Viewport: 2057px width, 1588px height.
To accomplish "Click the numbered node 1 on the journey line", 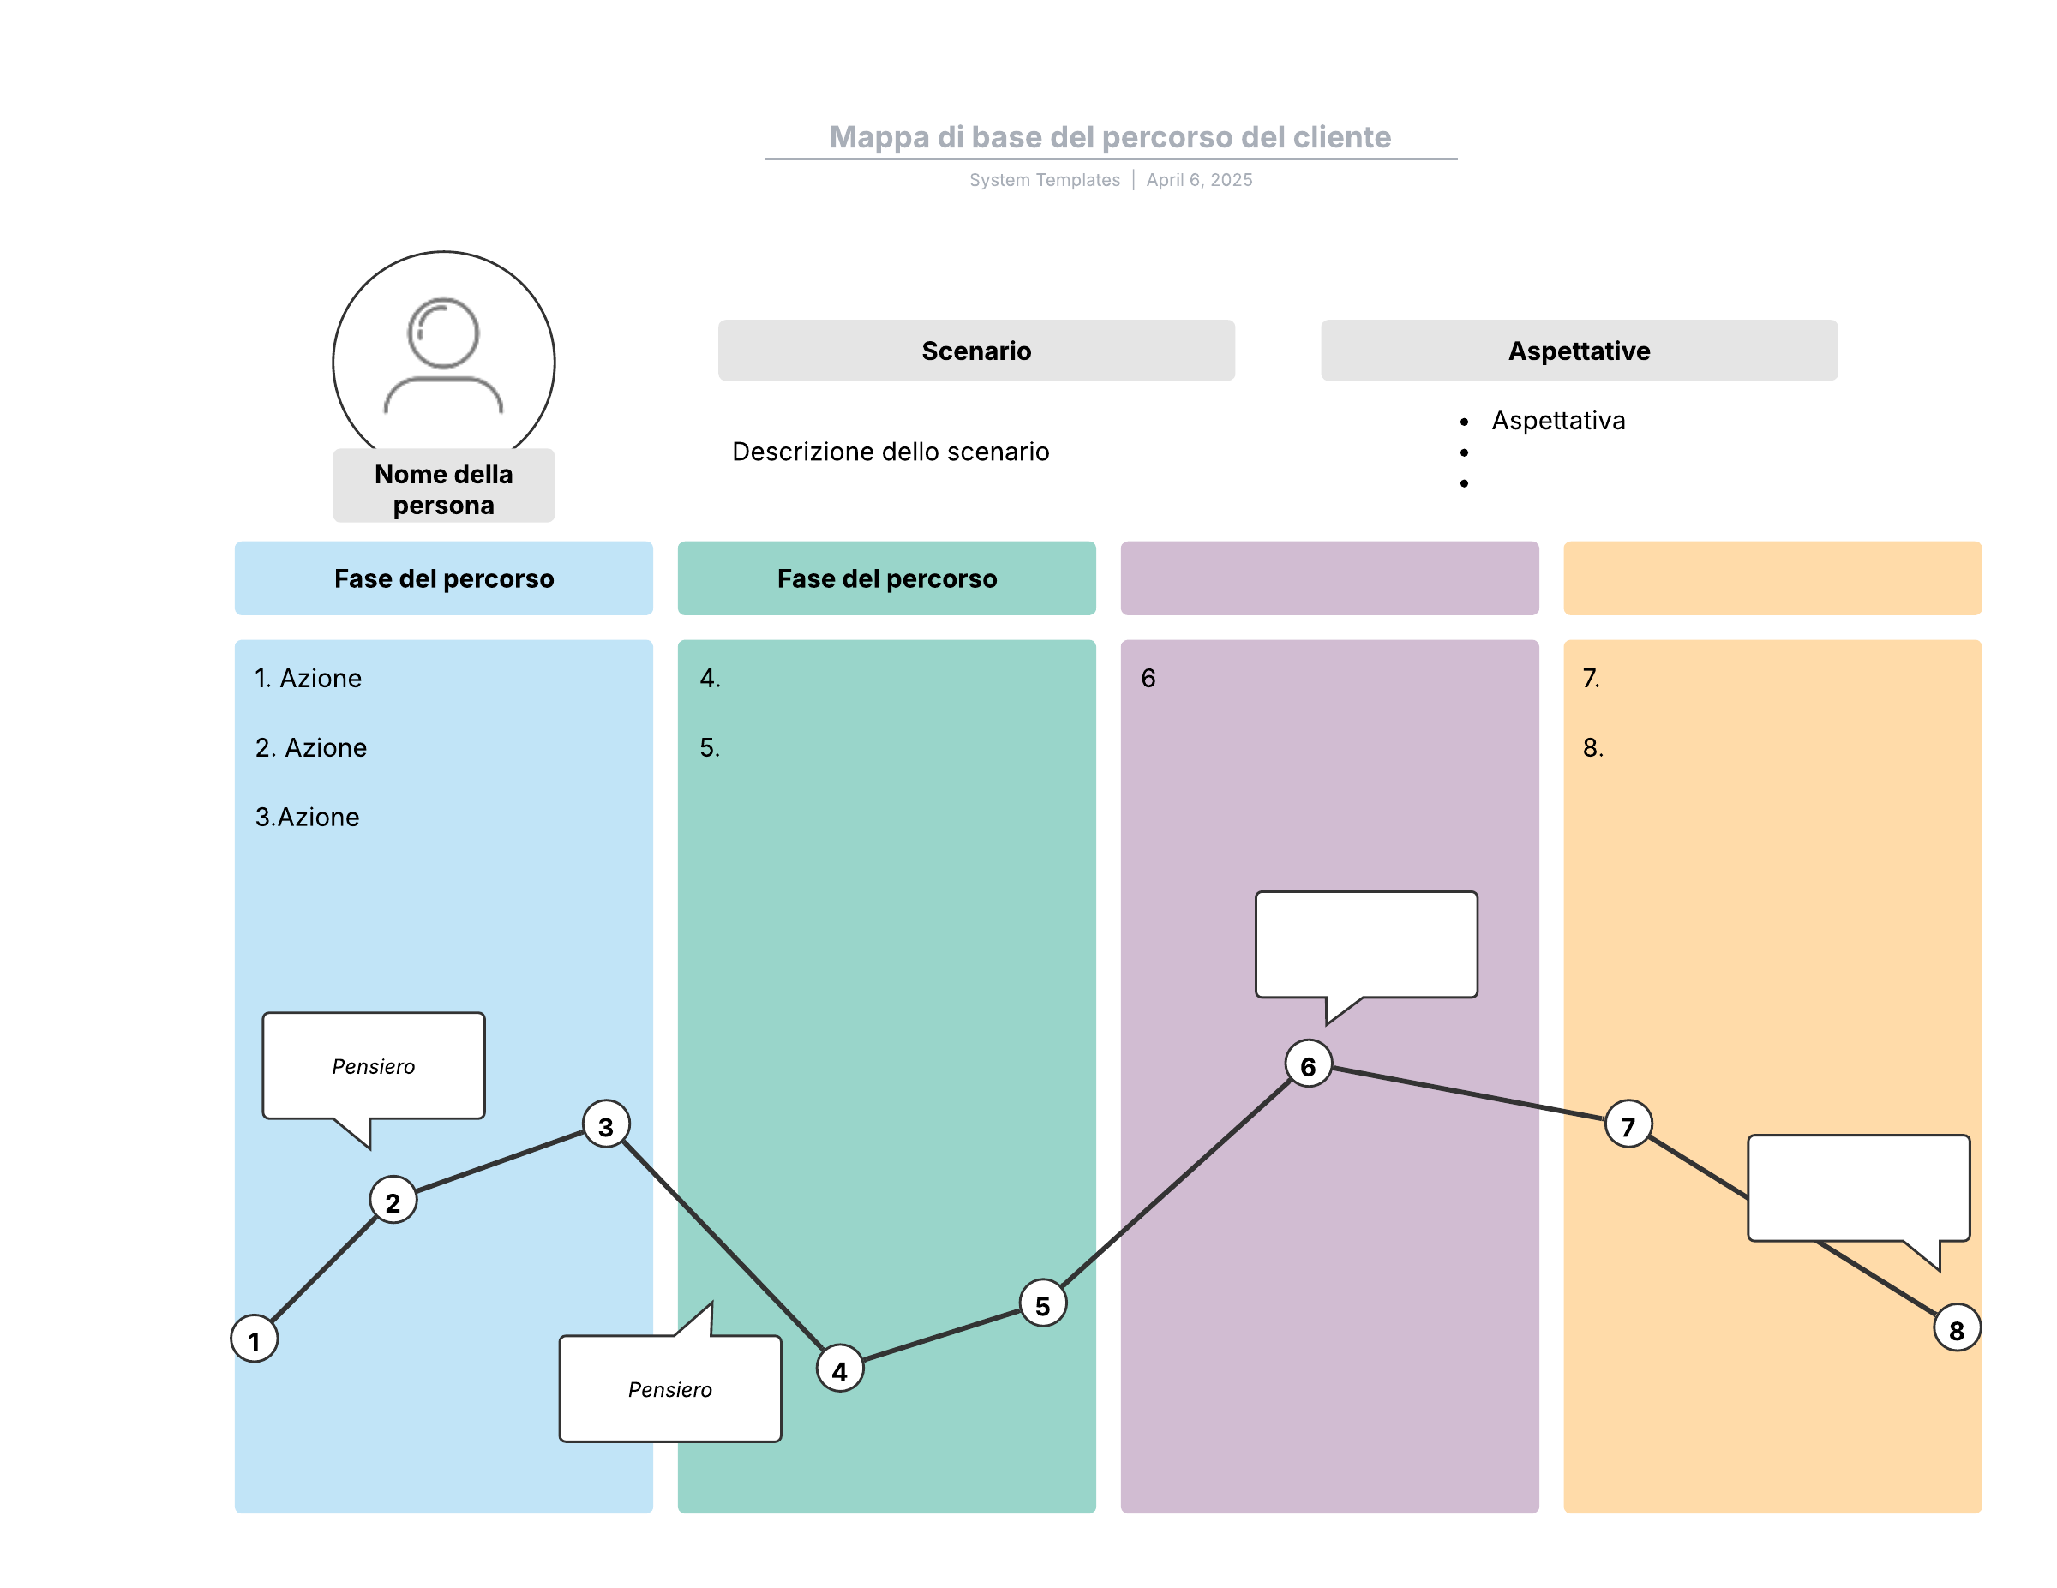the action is [255, 1339].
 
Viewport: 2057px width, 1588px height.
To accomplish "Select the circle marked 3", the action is [606, 1124].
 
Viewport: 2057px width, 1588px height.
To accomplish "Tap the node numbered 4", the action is [839, 1369].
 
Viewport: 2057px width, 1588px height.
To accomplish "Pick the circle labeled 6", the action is [1308, 1064].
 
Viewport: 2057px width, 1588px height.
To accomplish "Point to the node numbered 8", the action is [1956, 1328].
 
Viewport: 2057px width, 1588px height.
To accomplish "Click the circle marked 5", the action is [1042, 1303].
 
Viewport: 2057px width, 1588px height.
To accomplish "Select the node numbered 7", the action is [1628, 1124].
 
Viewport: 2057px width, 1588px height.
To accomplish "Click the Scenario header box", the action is [975, 351].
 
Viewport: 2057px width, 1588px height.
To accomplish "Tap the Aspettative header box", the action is [1579, 351].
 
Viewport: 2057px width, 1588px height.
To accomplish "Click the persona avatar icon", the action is [444, 355].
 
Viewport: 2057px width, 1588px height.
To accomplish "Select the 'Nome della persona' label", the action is [444, 488].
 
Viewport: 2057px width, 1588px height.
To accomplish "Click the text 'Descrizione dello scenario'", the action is [890, 452].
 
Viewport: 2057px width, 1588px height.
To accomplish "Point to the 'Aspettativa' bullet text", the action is [1558, 421].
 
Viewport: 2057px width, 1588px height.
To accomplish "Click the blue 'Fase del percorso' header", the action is [444, 578].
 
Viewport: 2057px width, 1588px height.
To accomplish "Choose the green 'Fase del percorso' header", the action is [886, 578].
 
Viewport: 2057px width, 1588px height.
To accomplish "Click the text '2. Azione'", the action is [311, 748].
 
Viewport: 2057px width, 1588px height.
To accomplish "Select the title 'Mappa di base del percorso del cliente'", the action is [1110, 137].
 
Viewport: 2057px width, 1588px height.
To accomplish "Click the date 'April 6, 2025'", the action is [1199, 180].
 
